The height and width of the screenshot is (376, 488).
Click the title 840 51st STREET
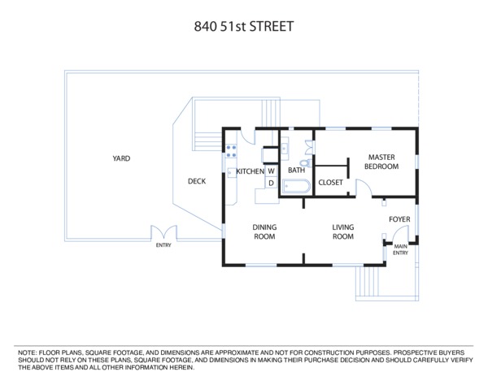point(244,27)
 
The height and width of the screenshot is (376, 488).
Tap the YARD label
point(121,158)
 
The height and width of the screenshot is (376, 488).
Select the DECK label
point(197,181)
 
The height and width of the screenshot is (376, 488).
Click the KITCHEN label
point(251,171)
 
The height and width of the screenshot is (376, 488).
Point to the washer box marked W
point(271,171)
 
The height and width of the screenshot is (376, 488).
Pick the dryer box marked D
point(271,183)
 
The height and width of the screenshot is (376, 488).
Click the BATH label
point(296,171)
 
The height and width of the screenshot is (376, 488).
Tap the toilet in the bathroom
point(307,162)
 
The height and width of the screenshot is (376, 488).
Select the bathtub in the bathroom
point(296,187)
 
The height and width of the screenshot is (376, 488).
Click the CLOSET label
point(330,183)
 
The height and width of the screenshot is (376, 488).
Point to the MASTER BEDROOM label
point(381,162)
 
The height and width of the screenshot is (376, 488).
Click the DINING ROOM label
point(264,231)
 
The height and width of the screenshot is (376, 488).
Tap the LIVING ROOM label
point(343,231)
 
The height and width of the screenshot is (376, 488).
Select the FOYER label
point(399,219)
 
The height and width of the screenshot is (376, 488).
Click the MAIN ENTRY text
point(400,249)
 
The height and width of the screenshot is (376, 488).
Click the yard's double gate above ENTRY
point(163,233)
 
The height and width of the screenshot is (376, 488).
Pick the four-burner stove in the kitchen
point(231,151)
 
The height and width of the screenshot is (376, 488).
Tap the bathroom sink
point(285,149)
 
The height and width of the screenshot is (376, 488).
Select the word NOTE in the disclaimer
point(27,353)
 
